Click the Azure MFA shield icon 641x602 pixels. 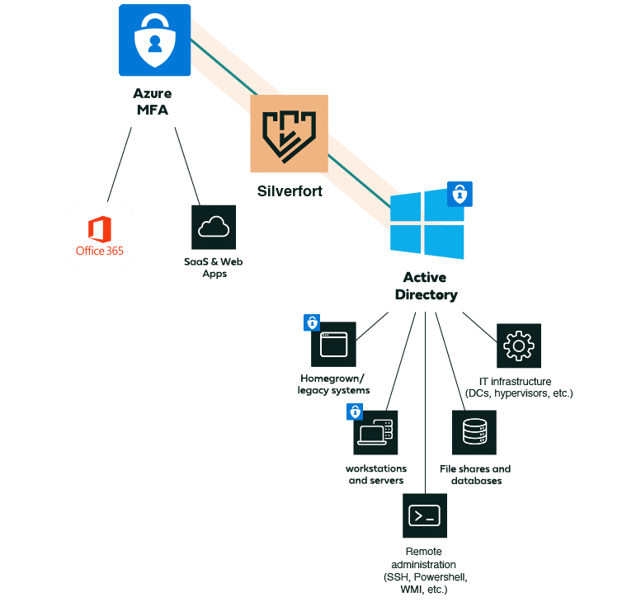[154, 40]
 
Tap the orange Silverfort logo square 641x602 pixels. [289, 134]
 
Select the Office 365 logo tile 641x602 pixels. [100, 234]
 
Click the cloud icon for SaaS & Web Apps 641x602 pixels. [214, 227]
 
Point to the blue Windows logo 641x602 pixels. [427, 223]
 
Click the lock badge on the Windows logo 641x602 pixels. [460, 194]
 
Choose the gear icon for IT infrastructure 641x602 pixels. [518, 346]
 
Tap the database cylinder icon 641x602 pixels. [474, 432]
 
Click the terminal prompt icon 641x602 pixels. [425, 515]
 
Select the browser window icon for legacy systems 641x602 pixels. [333, 344]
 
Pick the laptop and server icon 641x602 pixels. [375, 433]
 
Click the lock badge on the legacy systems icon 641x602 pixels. [312, 322]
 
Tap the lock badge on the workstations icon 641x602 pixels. [355, 412]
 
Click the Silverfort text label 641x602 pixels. [289, 191]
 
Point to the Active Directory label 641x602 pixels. [426, 286]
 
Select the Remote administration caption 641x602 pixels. [424, 570]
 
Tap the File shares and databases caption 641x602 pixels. [475, 475]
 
